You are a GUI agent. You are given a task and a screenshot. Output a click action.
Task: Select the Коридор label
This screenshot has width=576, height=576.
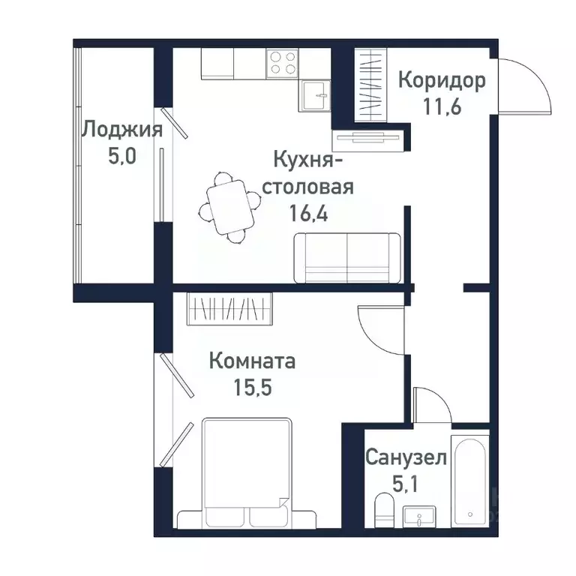click(442, 79)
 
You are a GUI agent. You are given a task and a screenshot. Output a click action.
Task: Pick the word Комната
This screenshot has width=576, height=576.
click(252, 361)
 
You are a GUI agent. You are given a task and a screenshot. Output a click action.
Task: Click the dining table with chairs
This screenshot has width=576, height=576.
click(226, 206)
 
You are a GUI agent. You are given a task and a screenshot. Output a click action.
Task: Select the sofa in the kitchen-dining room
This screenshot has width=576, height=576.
click(347, 257)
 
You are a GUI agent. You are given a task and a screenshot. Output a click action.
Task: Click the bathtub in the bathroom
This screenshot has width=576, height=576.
click(470, 480)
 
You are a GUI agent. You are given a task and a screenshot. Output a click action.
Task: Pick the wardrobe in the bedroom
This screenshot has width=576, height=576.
click(229, 307)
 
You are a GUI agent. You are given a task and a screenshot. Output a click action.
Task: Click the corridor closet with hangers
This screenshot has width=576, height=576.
click(370, 82)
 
